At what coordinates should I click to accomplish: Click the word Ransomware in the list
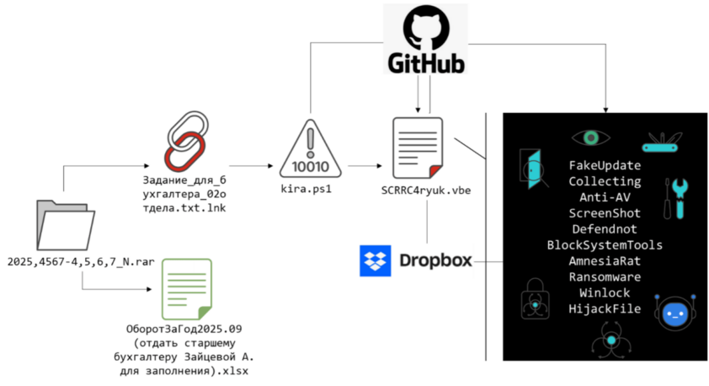605,276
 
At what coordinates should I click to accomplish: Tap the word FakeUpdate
605,165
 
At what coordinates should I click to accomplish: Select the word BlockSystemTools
605,245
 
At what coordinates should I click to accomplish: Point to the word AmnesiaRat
605,260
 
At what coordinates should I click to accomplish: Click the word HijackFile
605,308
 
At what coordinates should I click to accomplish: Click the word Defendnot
605,229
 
